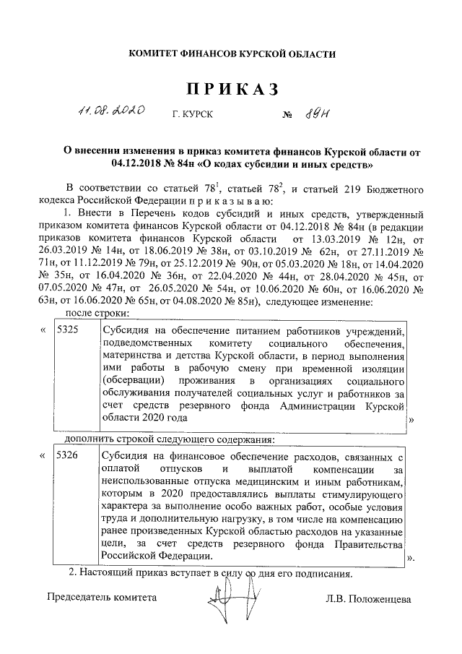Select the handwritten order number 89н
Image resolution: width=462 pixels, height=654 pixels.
click(316, 113)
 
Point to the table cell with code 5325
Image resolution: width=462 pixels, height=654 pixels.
click(68, 330)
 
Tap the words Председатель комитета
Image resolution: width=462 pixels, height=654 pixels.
click(101, 598)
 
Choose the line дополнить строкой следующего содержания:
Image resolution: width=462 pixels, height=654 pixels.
click(170, 439)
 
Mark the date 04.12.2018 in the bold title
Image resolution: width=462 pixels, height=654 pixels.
click(138, 165)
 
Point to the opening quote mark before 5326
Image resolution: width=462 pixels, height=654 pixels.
click(45, 457)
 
